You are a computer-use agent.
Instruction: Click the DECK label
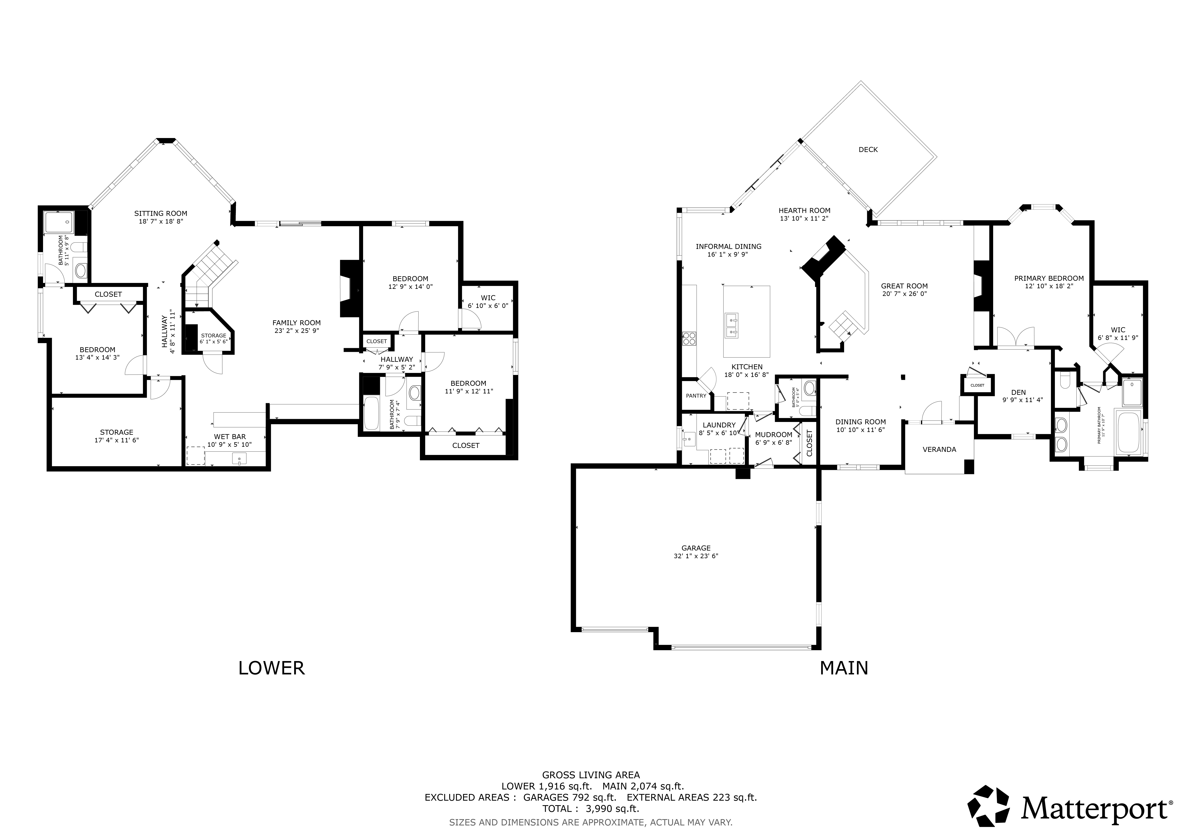(868, 150)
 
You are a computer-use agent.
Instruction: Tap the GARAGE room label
(696, 548)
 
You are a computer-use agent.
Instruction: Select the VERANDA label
(939, 449)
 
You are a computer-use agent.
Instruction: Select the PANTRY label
(696, 396)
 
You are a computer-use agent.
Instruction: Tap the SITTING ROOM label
(161, 213)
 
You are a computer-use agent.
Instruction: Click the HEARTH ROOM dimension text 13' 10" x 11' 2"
(804, 218)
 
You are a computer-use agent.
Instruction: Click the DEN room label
(1019, 393)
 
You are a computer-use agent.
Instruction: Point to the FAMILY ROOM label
(296, 323)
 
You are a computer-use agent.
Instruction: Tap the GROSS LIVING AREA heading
(590, 775)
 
